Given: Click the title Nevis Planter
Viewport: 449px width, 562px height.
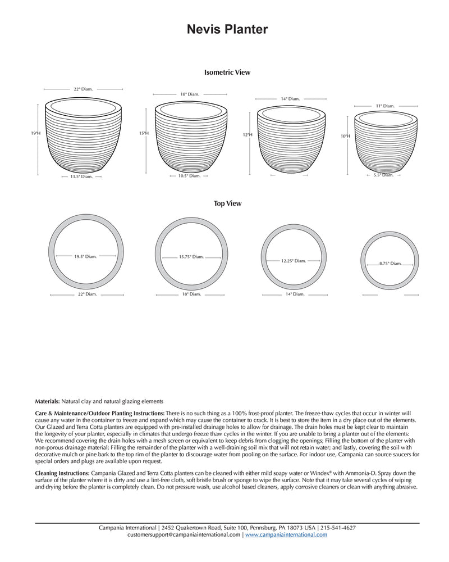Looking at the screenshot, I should pos(227,30).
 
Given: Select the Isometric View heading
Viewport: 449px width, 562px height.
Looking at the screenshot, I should pos(227,72).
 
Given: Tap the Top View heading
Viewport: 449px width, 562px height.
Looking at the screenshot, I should pos(227,203).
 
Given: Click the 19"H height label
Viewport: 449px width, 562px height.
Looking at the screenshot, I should pos(36,133).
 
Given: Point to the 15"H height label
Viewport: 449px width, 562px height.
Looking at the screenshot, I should pos(144,133).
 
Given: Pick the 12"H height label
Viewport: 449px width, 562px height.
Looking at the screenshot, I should pos(248,135).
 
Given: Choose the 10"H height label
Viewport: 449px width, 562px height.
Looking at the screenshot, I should pos(345,136).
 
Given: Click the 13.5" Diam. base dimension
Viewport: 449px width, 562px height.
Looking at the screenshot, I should pos(81,176).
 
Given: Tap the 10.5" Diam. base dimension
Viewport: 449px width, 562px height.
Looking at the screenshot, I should pos(189,176).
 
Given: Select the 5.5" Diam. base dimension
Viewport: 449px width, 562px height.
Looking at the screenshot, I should pos(383,175).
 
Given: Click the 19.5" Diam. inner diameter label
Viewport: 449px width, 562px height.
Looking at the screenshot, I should pos(85,256).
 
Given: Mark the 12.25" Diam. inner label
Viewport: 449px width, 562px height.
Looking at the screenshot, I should pos(294,261).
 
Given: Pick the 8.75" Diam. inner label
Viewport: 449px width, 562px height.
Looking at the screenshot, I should pos(390,263).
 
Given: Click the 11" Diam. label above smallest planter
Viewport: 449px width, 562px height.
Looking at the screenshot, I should pos(385,106).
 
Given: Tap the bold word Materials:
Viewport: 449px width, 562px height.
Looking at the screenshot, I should pos(47,401).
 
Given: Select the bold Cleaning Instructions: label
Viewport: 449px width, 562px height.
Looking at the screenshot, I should pos(62,474).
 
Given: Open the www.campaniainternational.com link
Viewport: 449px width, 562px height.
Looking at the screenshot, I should pos(286,535).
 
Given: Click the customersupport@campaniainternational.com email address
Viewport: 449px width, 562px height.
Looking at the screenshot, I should pos(184,535).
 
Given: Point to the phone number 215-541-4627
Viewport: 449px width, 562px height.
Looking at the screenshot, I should pos(338,528).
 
